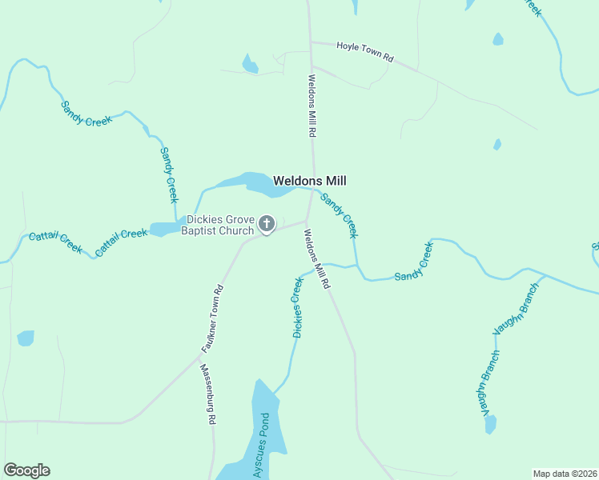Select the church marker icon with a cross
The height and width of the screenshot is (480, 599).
pyautogui.click(x=267, y=225)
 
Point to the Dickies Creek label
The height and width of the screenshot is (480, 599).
pyautogui.click(x=299, y=307)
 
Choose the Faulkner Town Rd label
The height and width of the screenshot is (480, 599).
pyautogui.click(x=211, y=319)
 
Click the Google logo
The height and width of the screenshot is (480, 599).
pyautogui.click(x=26, y=470)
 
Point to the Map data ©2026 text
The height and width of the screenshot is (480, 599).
pyautogui.click(x=565, y=474)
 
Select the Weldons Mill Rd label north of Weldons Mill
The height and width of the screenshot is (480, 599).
pyautogui.click(x=315, y=105)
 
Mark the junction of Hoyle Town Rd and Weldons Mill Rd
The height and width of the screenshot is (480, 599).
pyautogui.click(x=311, y=42)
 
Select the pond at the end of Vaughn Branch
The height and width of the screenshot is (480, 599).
pyautogui.click(x=490, y=424)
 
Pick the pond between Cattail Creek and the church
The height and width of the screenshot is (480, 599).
pyautogui.click(x=166, y=230)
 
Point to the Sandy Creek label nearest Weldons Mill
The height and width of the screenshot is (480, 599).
pyautogui.click(x=339, y=214)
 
